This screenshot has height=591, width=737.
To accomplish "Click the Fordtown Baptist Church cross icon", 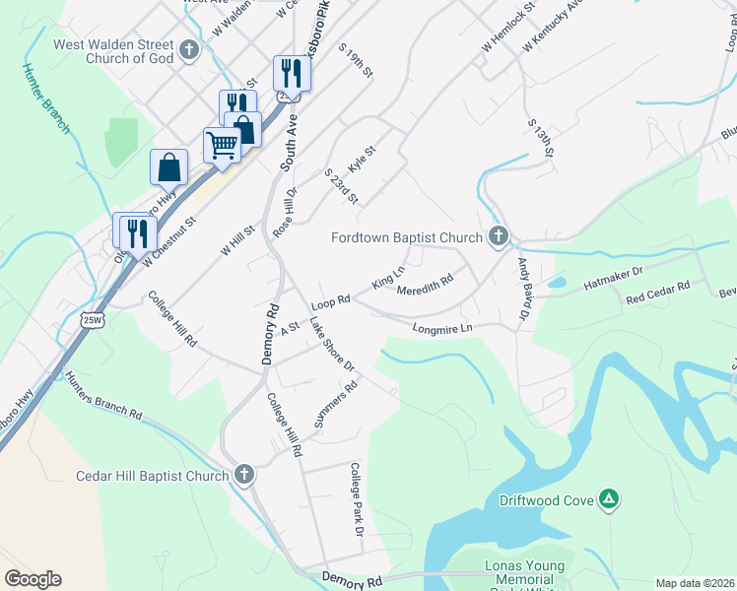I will pyautogui.click(x=499, y=236).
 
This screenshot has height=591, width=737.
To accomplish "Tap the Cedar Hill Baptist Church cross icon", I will pyautogui.click(x=244, y=476).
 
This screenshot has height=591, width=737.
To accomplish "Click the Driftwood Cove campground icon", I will pyautogui.click(x=610, y=500).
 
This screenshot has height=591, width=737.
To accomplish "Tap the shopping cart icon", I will pyautogui.click(x=222, y=146).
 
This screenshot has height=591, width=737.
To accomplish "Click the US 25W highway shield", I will pyautogui.click(x=91, y=321).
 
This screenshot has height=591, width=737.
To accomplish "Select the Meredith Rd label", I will pyautogui.click(x=425, y=286).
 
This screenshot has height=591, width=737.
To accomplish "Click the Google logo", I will pyautogui.click(x=33, y=579).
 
